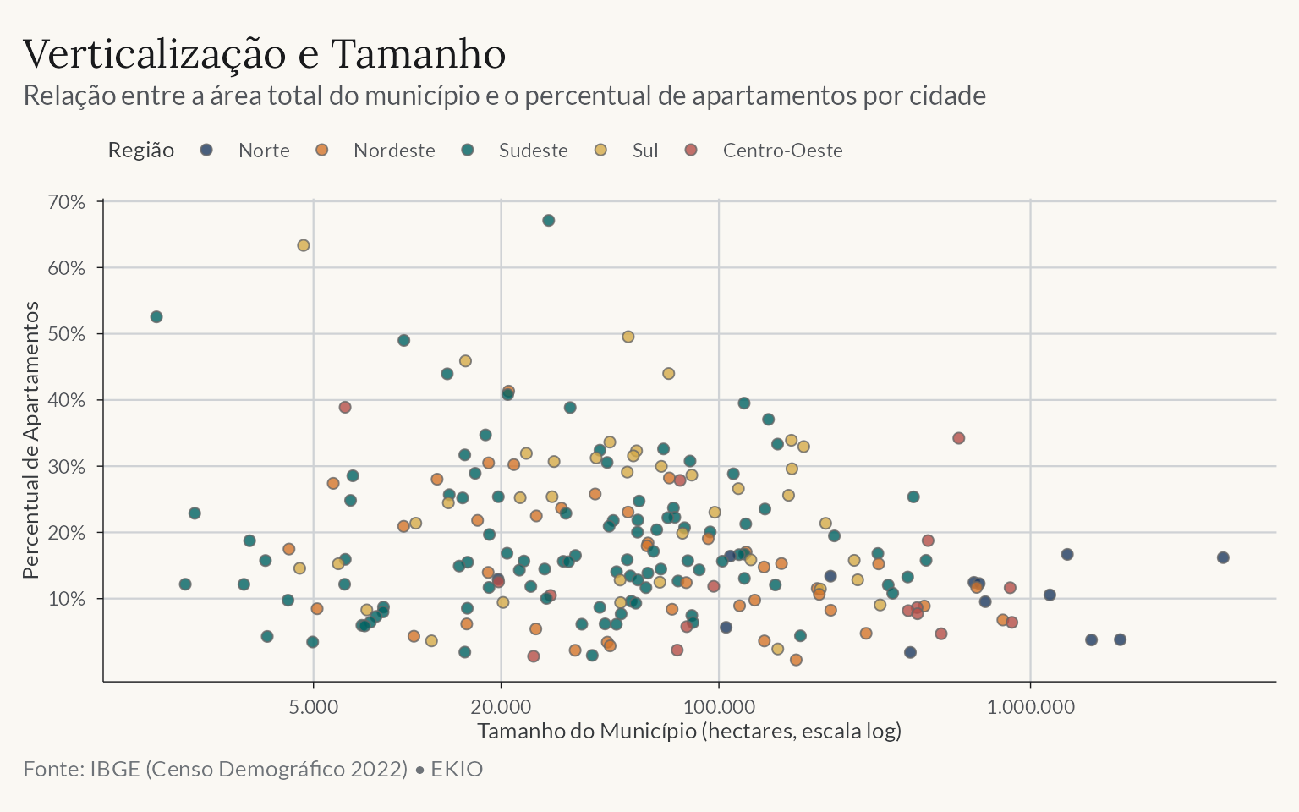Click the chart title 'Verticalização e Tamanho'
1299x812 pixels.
pyautogui.click(x=264, y=54)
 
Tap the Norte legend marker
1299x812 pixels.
pyautogui.click(x=206, y=151)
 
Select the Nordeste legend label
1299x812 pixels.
pyautogui.click(x=394, y=151)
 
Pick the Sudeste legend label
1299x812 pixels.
pyautogui.click(x=534, y=151)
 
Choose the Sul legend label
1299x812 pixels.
pyautogui.click(x=645, y=151)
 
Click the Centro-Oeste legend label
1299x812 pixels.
pyautogui.click(x=783, y=151)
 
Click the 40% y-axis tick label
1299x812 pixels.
pyautogui.click(x=67, y=400)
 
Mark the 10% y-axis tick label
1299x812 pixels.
pyautogui.click(x=67, y=599)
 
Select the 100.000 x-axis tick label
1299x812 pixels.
pyautogui.click(x=719, y=707)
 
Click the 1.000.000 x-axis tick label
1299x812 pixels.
pyautogui.click(x=1031, y=707)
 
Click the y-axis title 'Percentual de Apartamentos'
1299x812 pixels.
pyautogui.click(x=30, y=440)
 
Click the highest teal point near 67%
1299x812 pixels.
pyautogui.click(x=549, y=221)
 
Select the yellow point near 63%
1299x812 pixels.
pyautogui.click(x=304, y=245)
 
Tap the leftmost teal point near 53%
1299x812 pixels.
pyautogui.click(x=156, y=317)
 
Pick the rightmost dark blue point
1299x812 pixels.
pyautogui.click(x=1223, y=558)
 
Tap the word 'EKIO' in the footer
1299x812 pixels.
pyautogui.click(x=457, y=769)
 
